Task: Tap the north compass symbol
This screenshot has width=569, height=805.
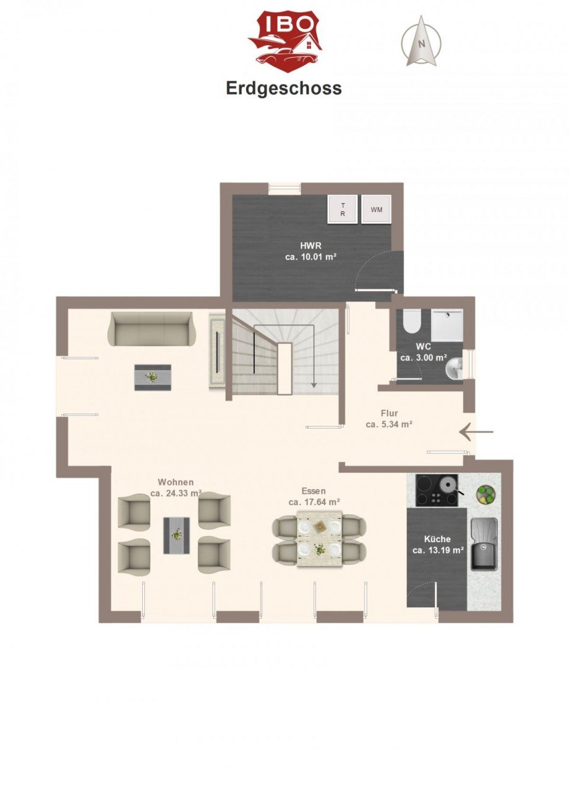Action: coord(422,41)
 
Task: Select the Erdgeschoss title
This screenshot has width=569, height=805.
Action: coord(284,88)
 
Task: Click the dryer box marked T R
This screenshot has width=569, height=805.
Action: coord(342,209)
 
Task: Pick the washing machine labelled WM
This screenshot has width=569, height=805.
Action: coord(376,209)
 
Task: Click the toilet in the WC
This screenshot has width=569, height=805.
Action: coord(411,321)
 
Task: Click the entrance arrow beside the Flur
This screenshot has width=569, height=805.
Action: coord(476,432)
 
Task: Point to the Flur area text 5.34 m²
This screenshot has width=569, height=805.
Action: coord(389,424)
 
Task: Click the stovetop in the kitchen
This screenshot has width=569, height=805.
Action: coord(437,490)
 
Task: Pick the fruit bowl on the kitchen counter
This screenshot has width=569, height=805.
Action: coord(487,493)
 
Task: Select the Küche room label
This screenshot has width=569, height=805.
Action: coord(437,539)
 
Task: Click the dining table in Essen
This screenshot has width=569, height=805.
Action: coord(319,539)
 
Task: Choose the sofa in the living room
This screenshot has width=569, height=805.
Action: coord(151,328)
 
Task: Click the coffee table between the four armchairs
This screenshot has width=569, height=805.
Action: coord(176,535)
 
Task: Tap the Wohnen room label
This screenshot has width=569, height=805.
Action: coord(176,482)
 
